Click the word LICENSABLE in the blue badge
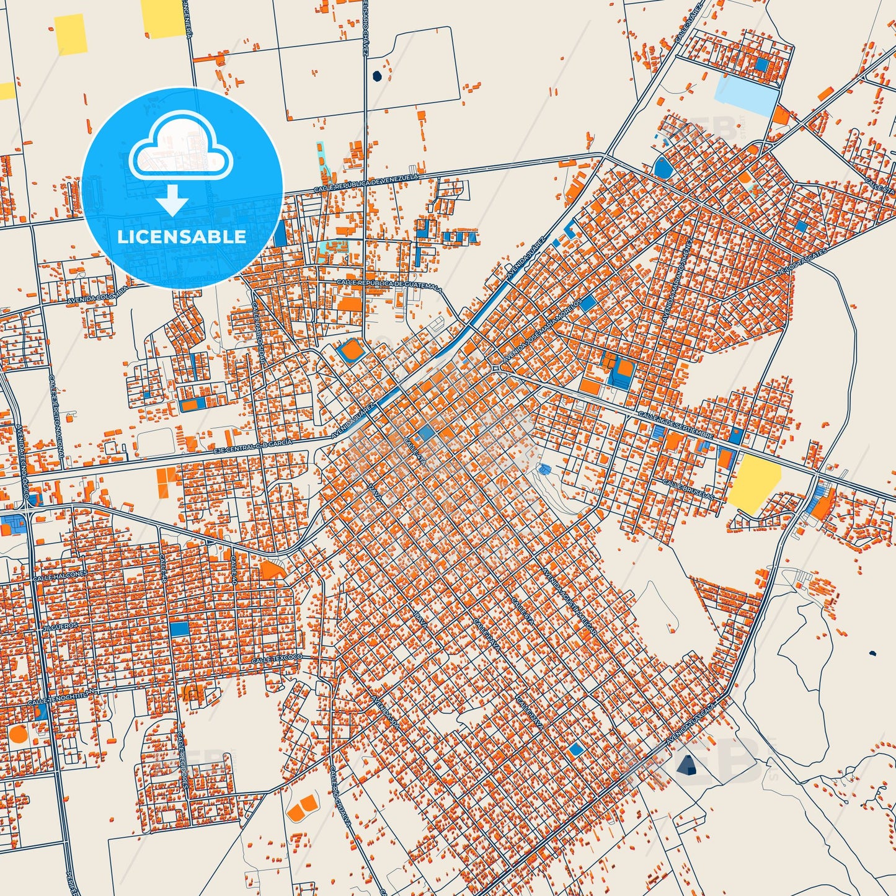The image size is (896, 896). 182,237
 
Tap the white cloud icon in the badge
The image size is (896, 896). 180,149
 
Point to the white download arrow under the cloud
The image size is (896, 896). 172,200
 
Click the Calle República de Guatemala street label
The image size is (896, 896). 389,284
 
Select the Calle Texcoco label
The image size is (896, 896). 277,659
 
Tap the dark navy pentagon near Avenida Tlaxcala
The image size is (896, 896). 687,765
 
